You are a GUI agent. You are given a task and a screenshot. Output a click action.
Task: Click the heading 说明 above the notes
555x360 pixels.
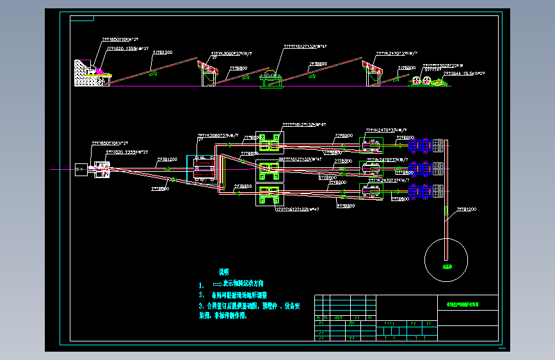tap(223, 272)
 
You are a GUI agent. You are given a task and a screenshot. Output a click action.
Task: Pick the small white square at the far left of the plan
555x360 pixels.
tap(81, 170)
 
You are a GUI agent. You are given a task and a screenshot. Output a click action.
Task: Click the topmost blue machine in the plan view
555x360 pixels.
tap(419, 146)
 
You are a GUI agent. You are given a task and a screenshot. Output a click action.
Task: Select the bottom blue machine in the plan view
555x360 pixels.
tap(419, 190)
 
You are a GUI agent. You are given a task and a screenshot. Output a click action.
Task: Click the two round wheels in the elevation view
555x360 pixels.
tap(421, 81)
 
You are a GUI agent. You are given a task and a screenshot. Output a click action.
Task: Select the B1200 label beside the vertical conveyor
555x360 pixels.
tap(466, 209)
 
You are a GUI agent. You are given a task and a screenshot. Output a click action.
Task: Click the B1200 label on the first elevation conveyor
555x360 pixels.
tap(161, 53)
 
